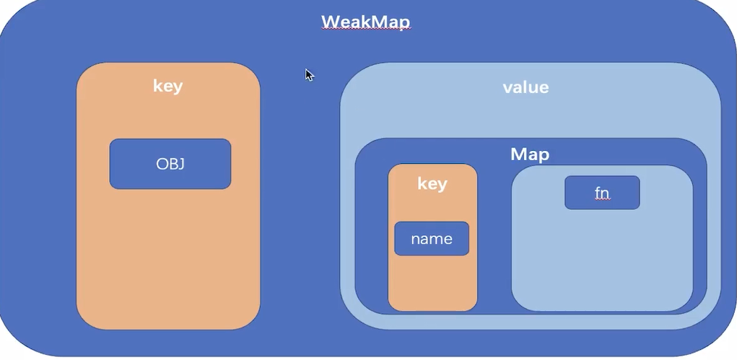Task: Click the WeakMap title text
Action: coord(365,21)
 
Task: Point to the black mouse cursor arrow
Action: coord(309,74)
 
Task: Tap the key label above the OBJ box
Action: coord(167,87)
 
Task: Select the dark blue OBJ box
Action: coord(170,164)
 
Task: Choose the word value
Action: coord(526,88)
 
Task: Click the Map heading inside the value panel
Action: coord(530,154)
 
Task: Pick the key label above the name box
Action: coord(432,184)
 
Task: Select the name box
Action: coord(432,239)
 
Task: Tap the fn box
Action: coord(602,193)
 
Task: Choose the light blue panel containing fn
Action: coord(602,260)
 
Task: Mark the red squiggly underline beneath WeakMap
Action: coord(365,31)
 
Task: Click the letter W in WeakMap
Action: coord(330,21)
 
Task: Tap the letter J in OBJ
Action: coord(182,164)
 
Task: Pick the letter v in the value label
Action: coord(507,88)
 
